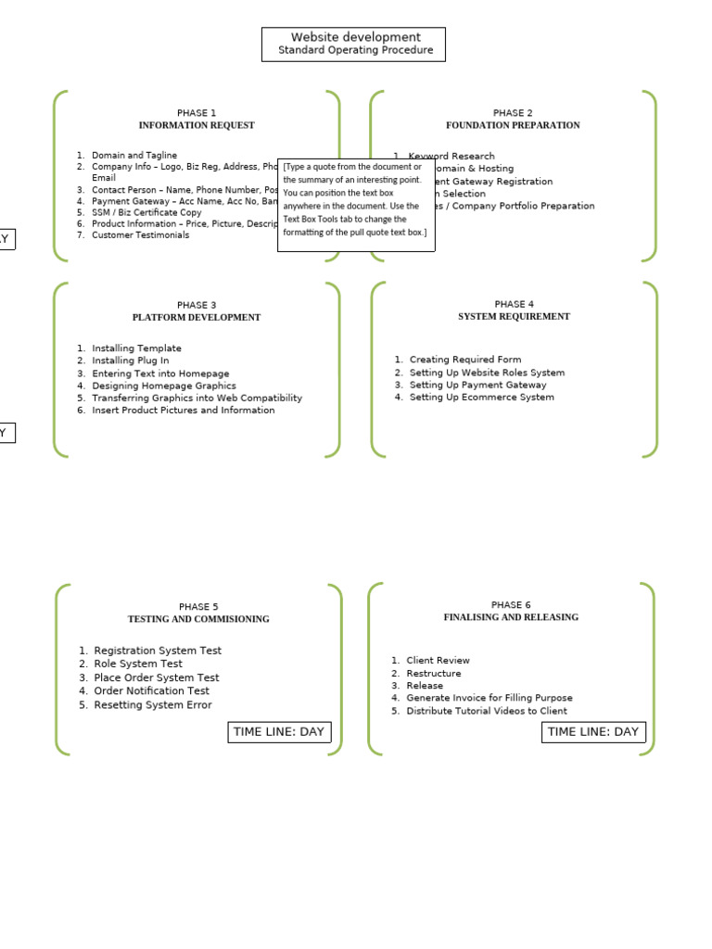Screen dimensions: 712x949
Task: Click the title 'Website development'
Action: pyautogui.click(x=355, y=37)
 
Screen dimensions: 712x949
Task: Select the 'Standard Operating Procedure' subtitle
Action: pyautogui.click(x=355, y=50)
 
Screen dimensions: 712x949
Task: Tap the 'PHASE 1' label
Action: pyautogui.click(x=197, y=113)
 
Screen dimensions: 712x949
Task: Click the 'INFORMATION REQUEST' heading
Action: pyautogui.click(x=197, y=125)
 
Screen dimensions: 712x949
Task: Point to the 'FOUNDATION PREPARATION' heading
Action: pyautogui.click(x=513, y=125)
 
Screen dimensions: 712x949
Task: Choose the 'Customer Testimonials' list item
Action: pyautogui.click(x=140, y=235)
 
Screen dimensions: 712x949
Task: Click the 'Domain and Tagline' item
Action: pyautogui.click(x=134, y=156)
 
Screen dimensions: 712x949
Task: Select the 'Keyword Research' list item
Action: pyautogui.click(x=451, y=157)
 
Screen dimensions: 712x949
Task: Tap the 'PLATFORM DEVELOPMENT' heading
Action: pyautogui.click(x=197, y=317)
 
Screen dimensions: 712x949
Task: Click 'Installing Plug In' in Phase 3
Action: pyautogui.click(x=131, y=361)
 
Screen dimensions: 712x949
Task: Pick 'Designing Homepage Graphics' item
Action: pyautogui.click(x=164, y=386)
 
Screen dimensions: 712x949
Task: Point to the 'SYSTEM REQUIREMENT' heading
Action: pyautogui.click(x=514, y=316)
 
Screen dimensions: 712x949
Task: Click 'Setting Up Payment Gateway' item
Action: pyautogui.click(x=477, y=385)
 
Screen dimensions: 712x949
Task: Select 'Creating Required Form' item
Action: pyautogui.click(x=465, y=360)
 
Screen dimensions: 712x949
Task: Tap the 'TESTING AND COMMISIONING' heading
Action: pyautogui.click(x=198, y=619)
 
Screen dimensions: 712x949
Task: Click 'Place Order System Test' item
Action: pyautogui.click(x=157, y=677)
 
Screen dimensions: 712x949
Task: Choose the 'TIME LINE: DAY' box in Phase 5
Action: pyautogui.click(x=279, y=732)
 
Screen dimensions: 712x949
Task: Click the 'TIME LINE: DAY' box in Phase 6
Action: pyautogui.click(x=593, y=732)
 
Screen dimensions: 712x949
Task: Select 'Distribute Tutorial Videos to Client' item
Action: pyautogui.click(x=487, y=711)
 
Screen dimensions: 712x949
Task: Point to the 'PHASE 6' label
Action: pyautogui.click(x=511, y=605)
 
